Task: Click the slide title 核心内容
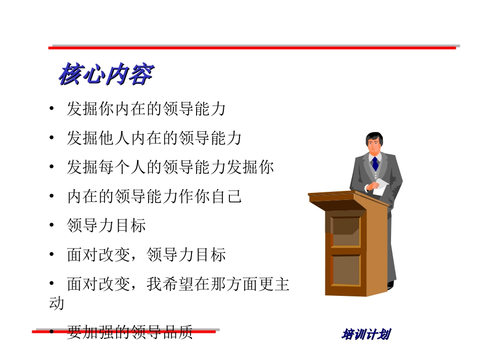pyautogui.click(x=105, y=75)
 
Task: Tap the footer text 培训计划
pyautogui.click(x=367, y=334)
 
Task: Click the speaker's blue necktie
pyautogui.click(x=375, y=163)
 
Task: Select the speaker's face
pyautogui.click(x=374, y=145)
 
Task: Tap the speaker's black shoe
pyautogui.click(x=391, y=285)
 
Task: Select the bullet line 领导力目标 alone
pyautogui.click(x=106, y=225)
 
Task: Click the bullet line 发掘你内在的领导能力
pyautogui.click(x=146, y=109)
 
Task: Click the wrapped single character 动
pyautogui.click(x=56, y=303)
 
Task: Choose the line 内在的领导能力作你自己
pyautogui.click(x=154, y=196)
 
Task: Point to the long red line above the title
pyautogui.click(x=253, y=47)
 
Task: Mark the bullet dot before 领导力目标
pyautogui.click(x=52, y=226)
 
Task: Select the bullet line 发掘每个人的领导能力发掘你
pyautogui.click(x=170, y=167)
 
